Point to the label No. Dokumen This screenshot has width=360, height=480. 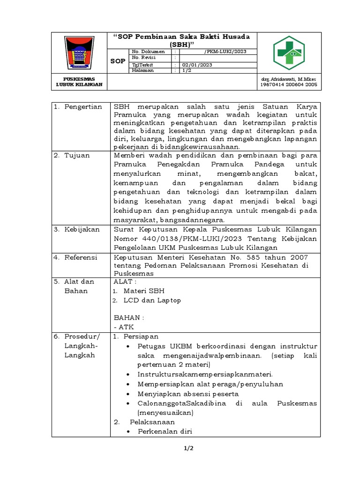tap(148, 51)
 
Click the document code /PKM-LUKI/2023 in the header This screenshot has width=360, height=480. tap(225, 51)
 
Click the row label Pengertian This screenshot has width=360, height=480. tap(83, 107)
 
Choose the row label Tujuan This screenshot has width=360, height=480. tap(77, 155)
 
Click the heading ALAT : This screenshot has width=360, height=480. tap(125, 282)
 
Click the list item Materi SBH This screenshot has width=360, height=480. tap(144, 291)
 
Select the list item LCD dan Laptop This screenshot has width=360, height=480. tap(152, 300)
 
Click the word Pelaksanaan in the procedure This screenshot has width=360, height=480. tap(152, 422)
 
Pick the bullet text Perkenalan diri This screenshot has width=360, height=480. tap(165, 432)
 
